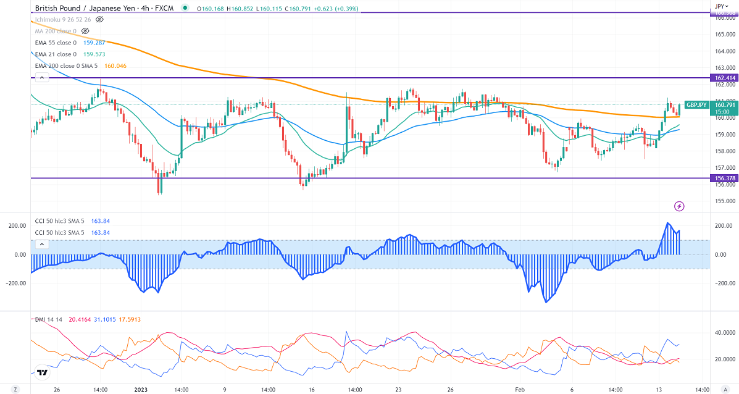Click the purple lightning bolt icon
(679, 206)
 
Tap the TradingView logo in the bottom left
(42, 372)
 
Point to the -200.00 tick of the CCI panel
(17, 283)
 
